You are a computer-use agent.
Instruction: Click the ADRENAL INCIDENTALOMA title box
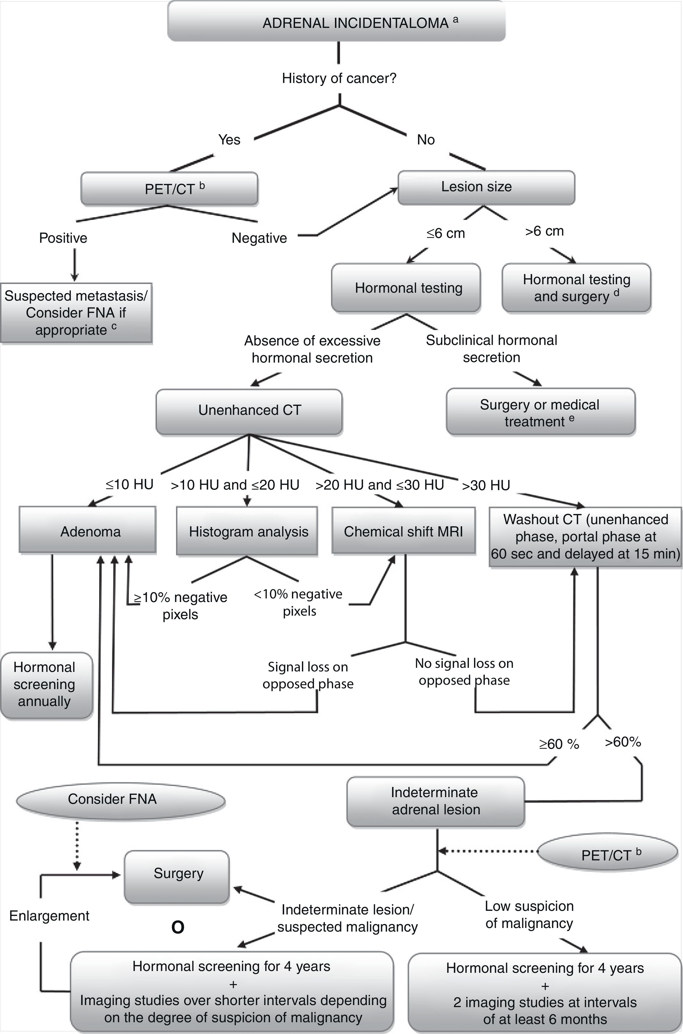[336, 22]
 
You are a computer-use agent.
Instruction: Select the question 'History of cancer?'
[339, 78]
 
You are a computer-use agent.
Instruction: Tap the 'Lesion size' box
[486, 187]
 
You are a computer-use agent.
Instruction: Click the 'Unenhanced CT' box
[249, 411]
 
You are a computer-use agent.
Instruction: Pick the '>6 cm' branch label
[544, 231]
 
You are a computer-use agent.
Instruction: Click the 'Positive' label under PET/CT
[63, 238]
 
